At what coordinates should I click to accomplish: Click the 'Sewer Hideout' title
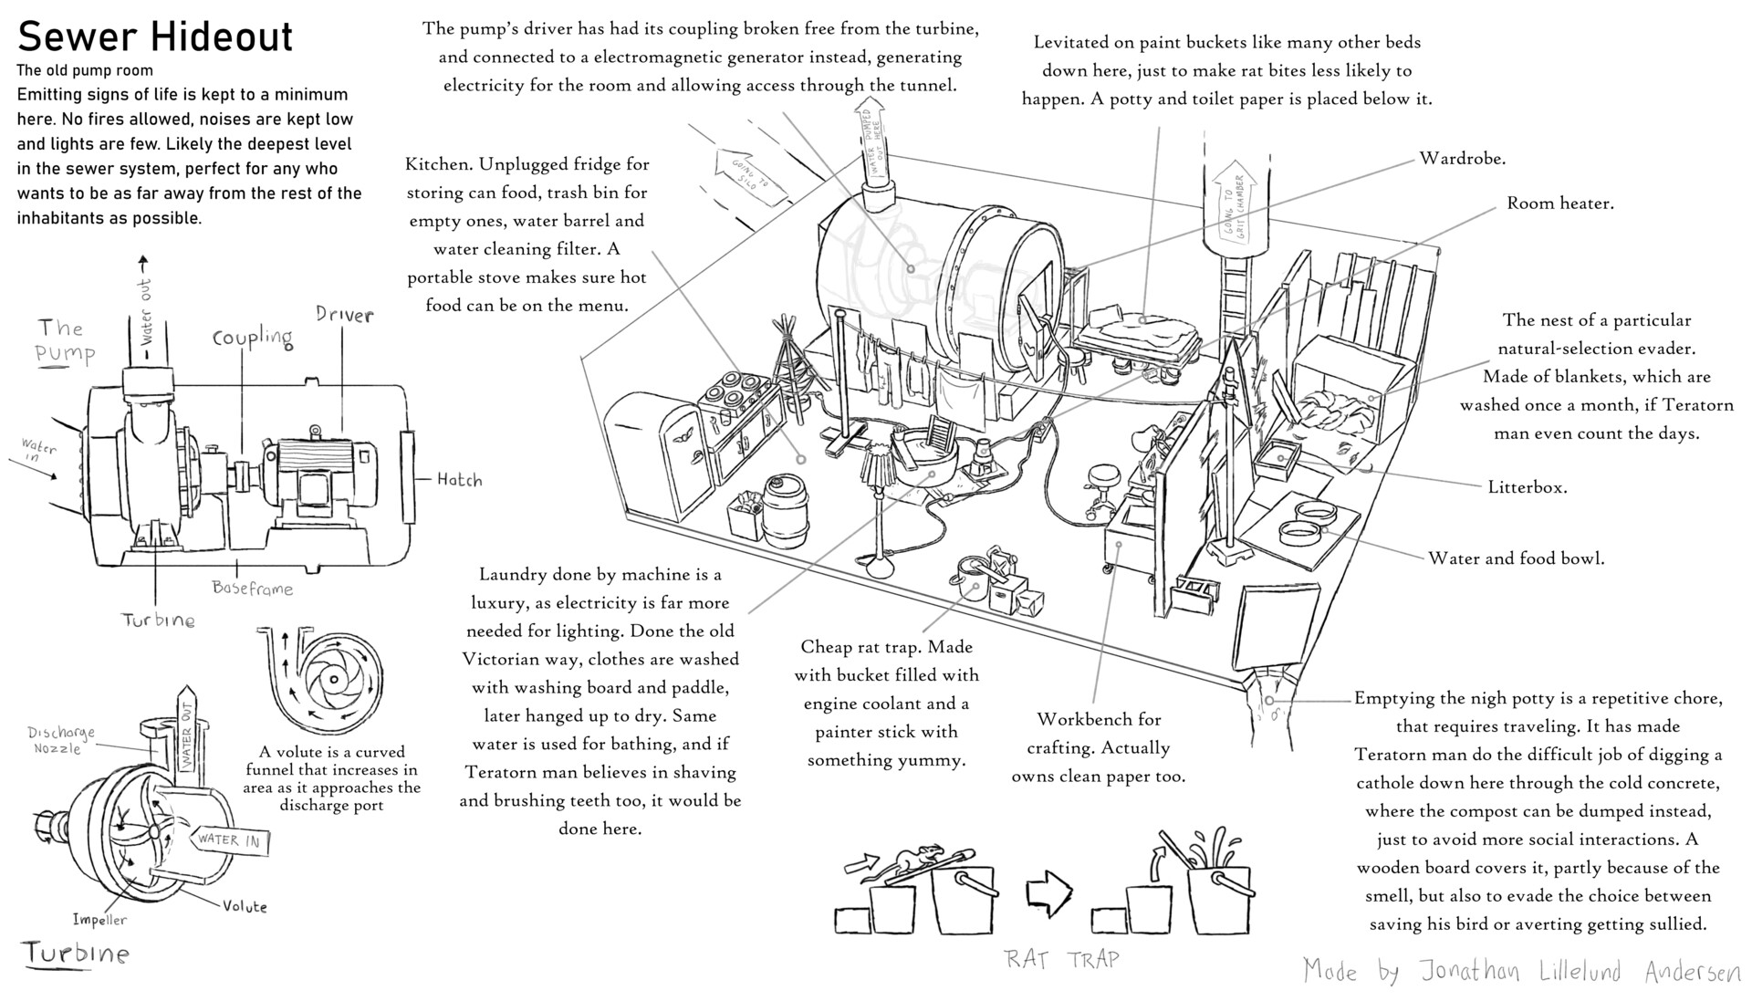point(155,36)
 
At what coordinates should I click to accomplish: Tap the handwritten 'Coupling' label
point(253,338)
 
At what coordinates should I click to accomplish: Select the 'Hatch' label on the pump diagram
point(458,480)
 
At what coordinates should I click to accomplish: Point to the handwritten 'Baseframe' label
point(253,589)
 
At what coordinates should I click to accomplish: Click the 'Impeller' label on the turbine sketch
point(99,920)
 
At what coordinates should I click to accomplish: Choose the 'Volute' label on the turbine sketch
point(245,906)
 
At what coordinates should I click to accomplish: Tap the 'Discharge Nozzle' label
point(60,740)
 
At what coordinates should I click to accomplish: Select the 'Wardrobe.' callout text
point(1462,159)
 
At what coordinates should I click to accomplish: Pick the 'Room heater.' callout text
point(1559,203)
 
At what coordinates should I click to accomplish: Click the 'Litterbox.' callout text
point(1527,487)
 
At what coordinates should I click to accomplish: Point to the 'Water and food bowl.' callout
point(1516,558)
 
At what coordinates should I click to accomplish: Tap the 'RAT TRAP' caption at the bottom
point(1060,959)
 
